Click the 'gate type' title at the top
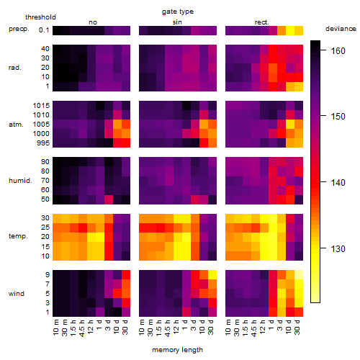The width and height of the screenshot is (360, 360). pos(178,12)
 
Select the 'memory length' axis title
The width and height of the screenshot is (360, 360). pos(177,350)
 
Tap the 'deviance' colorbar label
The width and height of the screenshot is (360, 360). pos(341,29)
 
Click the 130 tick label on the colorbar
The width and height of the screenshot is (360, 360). pos(338,249)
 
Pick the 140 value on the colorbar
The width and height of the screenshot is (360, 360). pos(338,183)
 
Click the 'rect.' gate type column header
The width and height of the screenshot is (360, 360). pos(262,22)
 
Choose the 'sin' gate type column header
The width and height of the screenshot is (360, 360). pos(177,22)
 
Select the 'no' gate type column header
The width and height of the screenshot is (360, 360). pos(93,22)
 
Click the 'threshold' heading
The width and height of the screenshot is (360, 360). pos(40,17)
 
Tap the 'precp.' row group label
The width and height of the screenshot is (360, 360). pos(19,29)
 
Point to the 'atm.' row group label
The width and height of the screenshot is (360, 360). pos(16,125)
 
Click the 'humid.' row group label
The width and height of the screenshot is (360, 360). pos(20,181)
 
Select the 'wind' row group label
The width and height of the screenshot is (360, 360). pos(17,294)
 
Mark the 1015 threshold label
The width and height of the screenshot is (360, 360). pos(41,106)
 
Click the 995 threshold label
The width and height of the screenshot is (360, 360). pos(43,143)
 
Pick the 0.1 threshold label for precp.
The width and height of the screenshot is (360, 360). pos(44,30)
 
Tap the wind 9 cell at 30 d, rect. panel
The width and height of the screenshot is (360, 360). pos(299,274)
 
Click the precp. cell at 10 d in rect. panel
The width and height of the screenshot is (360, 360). pos(290,30)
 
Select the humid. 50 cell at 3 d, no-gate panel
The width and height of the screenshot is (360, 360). pos(109,199)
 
